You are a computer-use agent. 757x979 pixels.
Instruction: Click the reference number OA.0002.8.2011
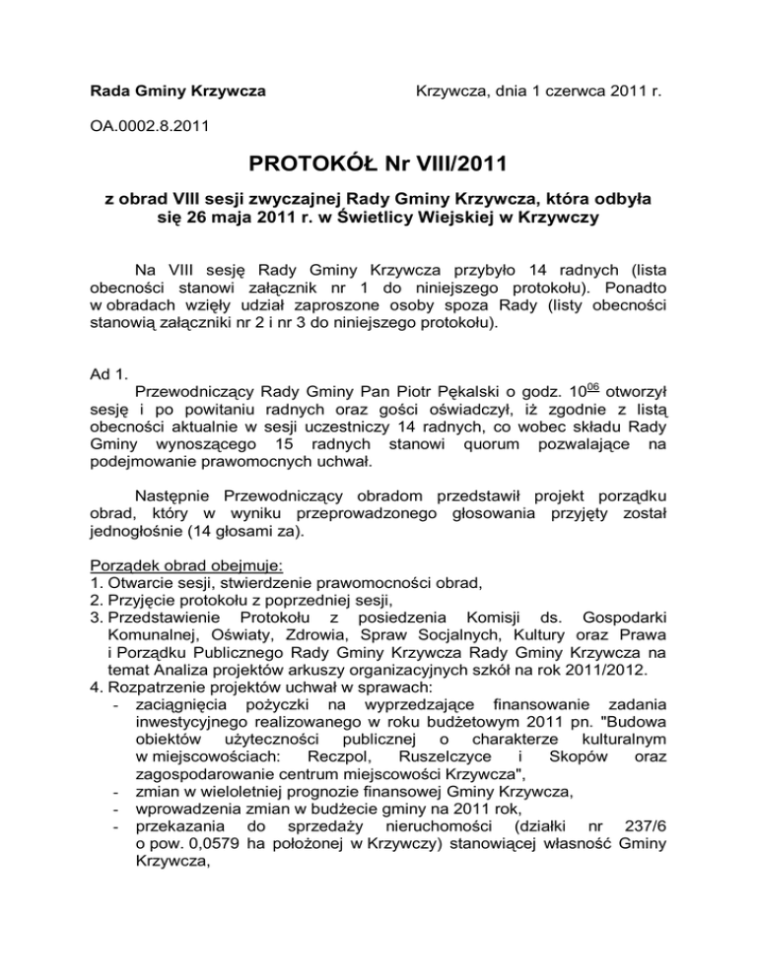[x=148, y=126]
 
